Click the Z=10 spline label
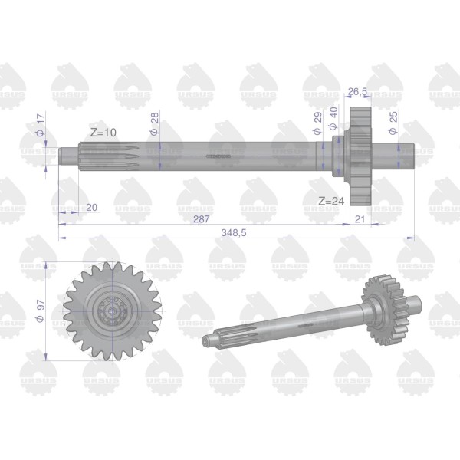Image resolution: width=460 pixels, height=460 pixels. [103, 133]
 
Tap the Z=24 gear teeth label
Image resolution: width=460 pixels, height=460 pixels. [331, 201]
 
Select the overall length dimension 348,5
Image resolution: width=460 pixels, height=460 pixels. [234, 232]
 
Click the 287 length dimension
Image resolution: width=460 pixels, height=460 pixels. [201, 219]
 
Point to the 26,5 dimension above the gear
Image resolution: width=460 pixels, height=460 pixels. [357, 91]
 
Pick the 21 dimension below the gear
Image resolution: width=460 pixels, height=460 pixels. [360, 219]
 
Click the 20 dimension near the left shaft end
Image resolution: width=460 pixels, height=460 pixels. [91, 208]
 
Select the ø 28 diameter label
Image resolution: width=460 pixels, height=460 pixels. [155, 123]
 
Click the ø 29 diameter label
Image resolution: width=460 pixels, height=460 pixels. [317, 123]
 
